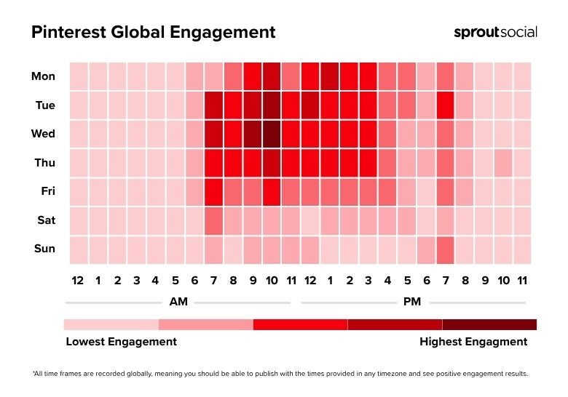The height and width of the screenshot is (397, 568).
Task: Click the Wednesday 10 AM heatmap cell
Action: tap(272, 134)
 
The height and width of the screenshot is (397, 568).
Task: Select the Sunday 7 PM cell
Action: tap(446, 249)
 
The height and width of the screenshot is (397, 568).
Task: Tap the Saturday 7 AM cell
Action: tap(213, 220)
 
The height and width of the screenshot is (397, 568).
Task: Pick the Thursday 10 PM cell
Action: tap(503, 163)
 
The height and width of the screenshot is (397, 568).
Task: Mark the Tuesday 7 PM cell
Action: tap(446, 105)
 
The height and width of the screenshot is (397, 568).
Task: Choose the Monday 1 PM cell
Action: tap(330, 76)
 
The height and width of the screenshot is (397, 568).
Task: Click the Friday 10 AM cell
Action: tap(272, 192)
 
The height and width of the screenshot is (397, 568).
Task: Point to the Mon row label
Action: tap(43, 76)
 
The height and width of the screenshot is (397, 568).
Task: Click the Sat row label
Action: tap(45, 220)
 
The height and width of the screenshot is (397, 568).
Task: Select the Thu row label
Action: tap(44, 163)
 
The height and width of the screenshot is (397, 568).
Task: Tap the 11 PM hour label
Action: tap(522, 280)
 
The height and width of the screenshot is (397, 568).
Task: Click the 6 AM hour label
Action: tap(194, 280)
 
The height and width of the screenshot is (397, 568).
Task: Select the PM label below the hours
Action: tap(413, 302)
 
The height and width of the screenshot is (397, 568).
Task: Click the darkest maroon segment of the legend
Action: tap(489, 324)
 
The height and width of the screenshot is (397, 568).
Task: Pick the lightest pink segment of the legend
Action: tap(111, 324)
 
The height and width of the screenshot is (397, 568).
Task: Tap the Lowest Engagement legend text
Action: tap(121, 342)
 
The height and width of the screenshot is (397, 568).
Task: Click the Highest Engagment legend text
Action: tap(473, 342)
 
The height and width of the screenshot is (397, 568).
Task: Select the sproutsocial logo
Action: tap(495, 32)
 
